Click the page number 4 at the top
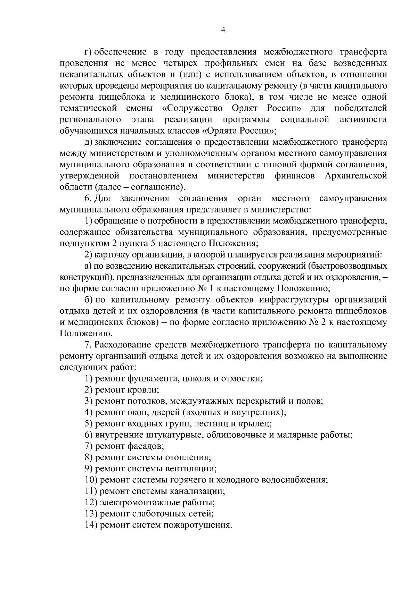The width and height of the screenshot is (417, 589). pyautogui.click(x=223, y=30)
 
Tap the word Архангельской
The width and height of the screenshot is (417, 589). pyautogui.click(x=356, y=176)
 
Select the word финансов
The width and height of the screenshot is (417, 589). pyautogui.click(x=295, y=176)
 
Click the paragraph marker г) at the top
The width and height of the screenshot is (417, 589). pyautogui.click(x=88, y=52)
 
